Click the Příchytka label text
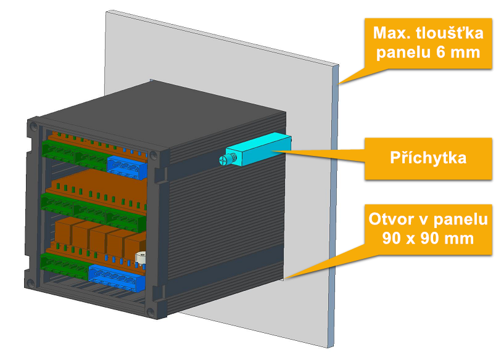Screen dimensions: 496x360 point(428,157)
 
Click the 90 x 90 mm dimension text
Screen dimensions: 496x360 point(428,238)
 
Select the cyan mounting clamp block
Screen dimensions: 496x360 point(258,149)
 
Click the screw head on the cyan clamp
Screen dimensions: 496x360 point(223,160)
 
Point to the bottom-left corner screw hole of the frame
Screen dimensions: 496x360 point(31,283)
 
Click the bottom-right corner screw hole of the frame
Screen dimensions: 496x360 point(151,313)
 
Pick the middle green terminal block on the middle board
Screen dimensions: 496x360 point(90,211)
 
